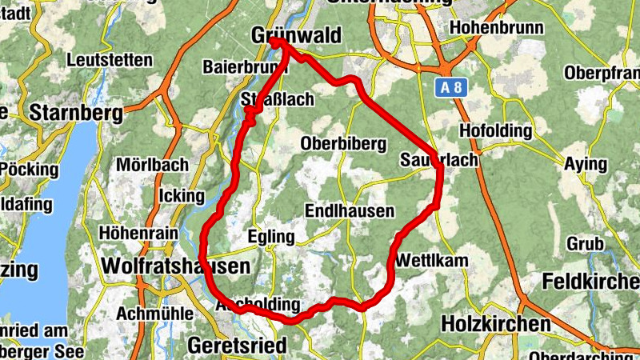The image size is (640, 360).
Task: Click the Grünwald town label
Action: (295, 36)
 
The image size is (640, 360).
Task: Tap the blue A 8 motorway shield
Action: (451, 87)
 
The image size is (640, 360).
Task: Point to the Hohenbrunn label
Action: (497, 28)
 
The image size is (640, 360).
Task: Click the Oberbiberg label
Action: (344, 143)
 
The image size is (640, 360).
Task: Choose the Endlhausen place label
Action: (350, 211)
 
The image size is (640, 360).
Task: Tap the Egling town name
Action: (271, 238)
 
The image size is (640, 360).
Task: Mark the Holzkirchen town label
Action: (496, 324)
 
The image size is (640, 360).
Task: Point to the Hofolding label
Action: (496, 130)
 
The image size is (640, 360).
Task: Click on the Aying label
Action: (586, 164)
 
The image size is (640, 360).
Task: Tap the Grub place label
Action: (585, 242)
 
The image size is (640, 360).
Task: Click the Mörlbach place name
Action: (152, 165)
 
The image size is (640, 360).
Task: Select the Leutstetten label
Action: (110, 60)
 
